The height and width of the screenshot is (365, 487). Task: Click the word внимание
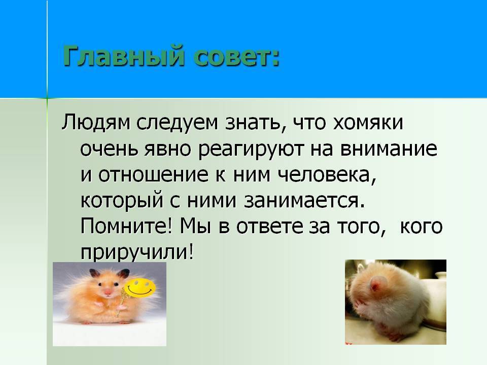tap(389, 149)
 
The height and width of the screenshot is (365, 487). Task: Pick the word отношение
tap(154, 175)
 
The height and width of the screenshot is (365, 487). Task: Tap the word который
tap(122, 201)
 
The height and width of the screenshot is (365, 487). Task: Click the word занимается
tap(304, 201)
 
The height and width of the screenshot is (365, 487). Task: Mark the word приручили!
tap(137, 252)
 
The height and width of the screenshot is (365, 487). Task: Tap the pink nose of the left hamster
tap(108, 291)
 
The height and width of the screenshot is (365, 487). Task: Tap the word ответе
tap(269, 227)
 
